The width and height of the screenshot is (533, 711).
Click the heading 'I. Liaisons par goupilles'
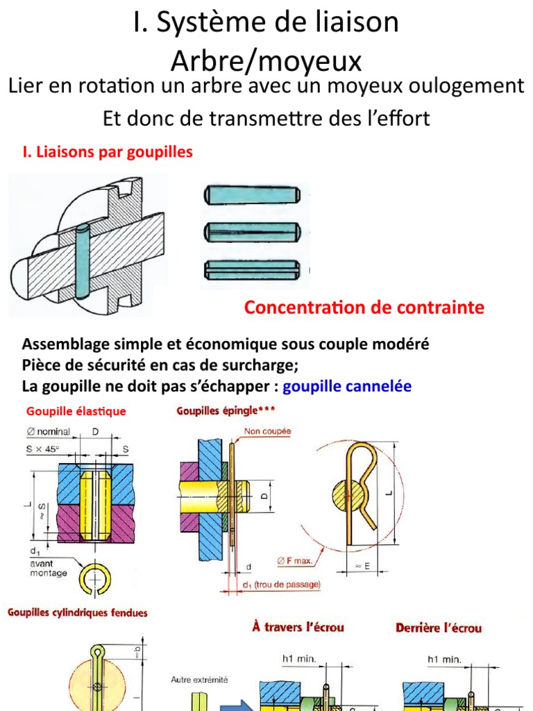(108, 152)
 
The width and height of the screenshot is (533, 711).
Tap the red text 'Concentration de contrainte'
(364, 308)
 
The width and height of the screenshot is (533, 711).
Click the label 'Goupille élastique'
(76, 412)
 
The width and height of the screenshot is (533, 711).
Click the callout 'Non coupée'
(267, 431)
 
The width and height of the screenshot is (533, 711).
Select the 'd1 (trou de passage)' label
(282, 585)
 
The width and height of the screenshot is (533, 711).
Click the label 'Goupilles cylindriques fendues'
(78, 613)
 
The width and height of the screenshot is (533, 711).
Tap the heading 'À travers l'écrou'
(298, 628)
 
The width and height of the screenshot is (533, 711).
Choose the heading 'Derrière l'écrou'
(438, 628)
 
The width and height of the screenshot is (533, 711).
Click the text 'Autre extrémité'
(199, 680)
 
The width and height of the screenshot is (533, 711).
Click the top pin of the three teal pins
(251, 194)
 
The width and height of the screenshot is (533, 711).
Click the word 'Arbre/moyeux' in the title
(266, 61)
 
